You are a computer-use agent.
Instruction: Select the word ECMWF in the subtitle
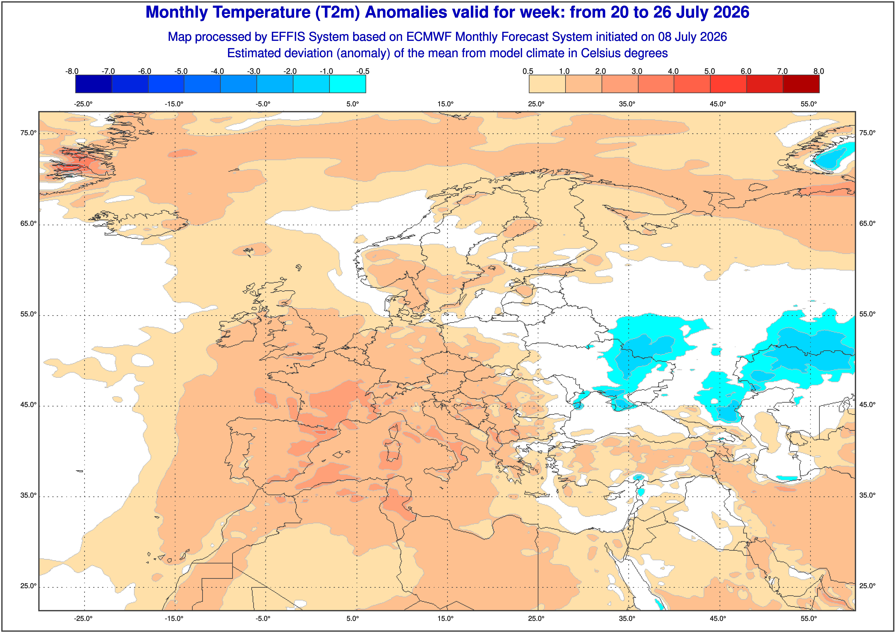(429, 37)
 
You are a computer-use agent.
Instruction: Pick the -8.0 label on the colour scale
(72, 71)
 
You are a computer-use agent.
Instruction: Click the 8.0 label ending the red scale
(819, 71)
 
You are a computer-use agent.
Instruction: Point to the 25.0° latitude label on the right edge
(867, 586)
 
